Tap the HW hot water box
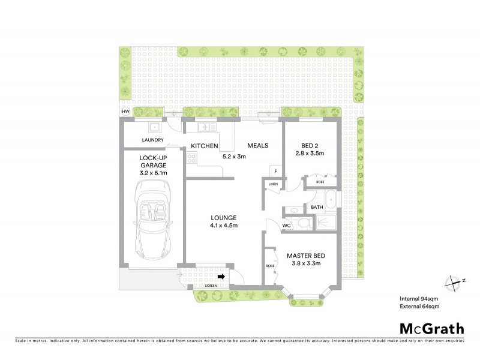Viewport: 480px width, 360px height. [x=126, y=112]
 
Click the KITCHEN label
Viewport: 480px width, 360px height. [x=204, y=146]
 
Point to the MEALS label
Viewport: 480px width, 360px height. [x=257, y=146]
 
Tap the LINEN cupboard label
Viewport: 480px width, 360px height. [x=273, y=184]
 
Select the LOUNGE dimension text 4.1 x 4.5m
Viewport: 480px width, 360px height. [x=223, y=226]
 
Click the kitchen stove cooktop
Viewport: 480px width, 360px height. [x=192, y=159]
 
